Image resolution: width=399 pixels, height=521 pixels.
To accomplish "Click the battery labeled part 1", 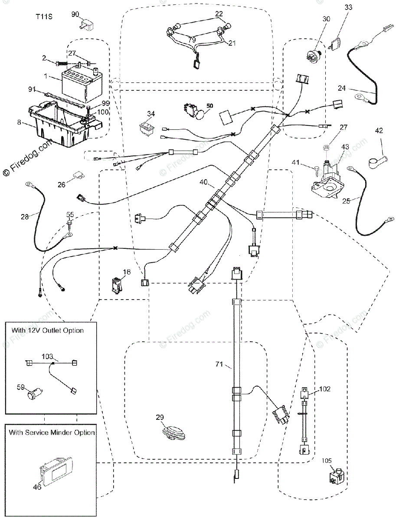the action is point(82,87).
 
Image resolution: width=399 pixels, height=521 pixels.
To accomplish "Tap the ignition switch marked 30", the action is point(315,56).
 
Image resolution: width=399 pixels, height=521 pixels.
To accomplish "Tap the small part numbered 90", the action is point(86,25).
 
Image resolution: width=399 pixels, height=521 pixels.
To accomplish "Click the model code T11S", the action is point(44,17).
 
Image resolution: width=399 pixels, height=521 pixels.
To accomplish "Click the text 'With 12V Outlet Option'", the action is point(47,330).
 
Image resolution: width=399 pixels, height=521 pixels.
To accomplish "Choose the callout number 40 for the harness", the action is point(203,182).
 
